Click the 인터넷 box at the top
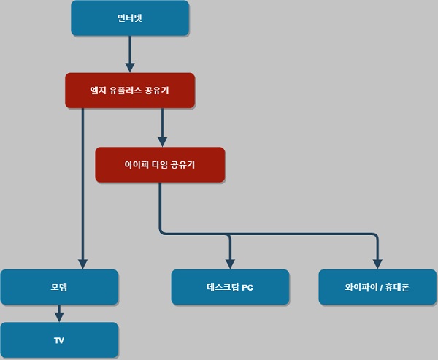(130, 18)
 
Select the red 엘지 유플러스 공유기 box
(130, 90)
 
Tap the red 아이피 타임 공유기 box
(160, 165)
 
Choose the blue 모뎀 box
(59, 287)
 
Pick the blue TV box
(59, 340)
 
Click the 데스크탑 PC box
(230, 287)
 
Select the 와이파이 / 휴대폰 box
(377, 287)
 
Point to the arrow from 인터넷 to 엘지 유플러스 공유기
(130, 53)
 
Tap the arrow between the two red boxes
(162, 128)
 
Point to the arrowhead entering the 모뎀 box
(83, 263)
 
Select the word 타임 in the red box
(159, 166)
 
